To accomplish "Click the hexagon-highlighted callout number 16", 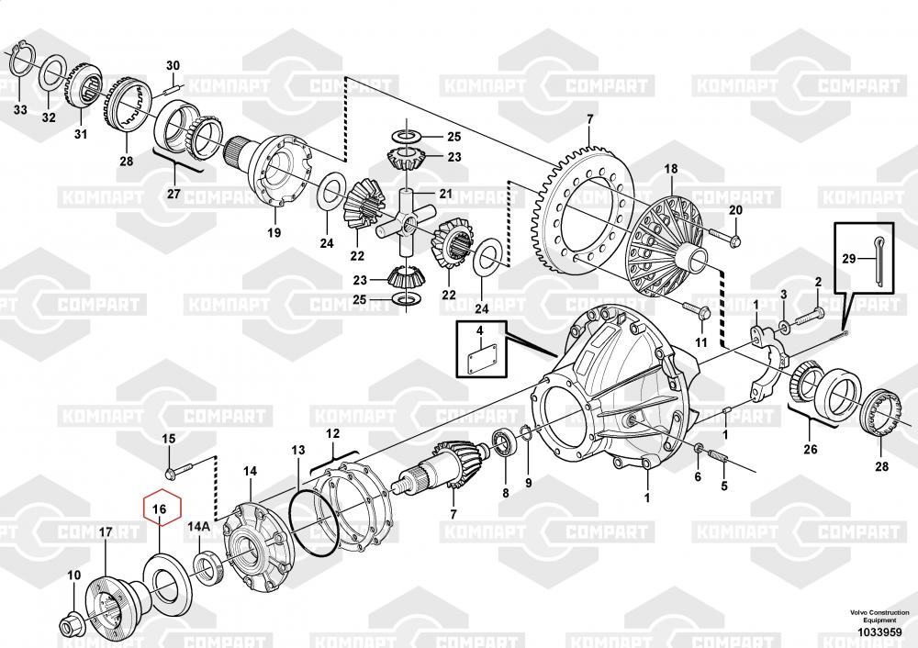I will (160, 508).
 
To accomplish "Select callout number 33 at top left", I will (20, 109).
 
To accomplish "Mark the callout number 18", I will (671, 169).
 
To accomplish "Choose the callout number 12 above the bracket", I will (332, 432).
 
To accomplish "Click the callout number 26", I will (809, 449).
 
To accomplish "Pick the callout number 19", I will (274, 233).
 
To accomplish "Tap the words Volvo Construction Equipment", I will (879, 616).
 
